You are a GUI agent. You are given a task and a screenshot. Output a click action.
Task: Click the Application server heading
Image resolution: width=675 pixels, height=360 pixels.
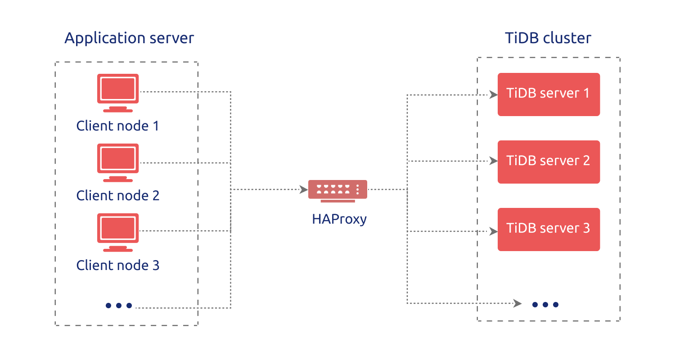pos(129,38)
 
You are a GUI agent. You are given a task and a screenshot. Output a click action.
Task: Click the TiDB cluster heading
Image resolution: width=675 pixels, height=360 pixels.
pos(548,38)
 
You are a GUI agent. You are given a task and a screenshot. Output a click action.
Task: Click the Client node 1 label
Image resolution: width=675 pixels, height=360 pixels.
pos(118,126)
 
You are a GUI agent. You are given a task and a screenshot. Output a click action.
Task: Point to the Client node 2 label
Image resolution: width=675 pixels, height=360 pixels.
pos(118,195)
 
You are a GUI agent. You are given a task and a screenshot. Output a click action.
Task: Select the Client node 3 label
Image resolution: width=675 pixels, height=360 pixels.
pos(118,265)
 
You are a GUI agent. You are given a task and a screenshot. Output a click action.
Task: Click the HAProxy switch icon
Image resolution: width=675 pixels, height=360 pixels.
pos(337,189)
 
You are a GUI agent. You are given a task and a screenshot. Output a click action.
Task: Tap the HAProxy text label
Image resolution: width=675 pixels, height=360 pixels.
pos(339,219)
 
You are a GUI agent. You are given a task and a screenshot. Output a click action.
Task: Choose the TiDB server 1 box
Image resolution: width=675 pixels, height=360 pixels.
pos(549,94)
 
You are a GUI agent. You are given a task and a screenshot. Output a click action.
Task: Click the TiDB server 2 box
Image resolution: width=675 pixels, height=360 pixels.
pos(549,162)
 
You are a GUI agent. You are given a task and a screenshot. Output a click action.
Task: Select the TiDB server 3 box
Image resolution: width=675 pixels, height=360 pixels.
pos(549,229)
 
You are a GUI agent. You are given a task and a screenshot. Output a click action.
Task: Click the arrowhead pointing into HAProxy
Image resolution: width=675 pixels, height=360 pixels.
pos(304,189)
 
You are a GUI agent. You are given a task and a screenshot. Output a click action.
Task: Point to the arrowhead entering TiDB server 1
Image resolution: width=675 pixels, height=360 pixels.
pos(493,94)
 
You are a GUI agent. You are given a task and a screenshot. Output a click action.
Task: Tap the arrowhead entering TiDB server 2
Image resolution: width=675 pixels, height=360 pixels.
pos(493,161)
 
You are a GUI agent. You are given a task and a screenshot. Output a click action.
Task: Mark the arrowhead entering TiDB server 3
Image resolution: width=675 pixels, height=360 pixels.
pos(493,231)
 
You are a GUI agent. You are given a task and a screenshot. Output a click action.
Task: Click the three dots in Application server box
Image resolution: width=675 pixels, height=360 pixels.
pos(119,306)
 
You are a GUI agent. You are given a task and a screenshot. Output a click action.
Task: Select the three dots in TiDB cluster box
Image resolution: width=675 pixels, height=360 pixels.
pos(545,305)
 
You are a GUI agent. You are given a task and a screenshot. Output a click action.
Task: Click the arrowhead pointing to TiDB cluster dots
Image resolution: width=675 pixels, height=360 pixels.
pos(517,303)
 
